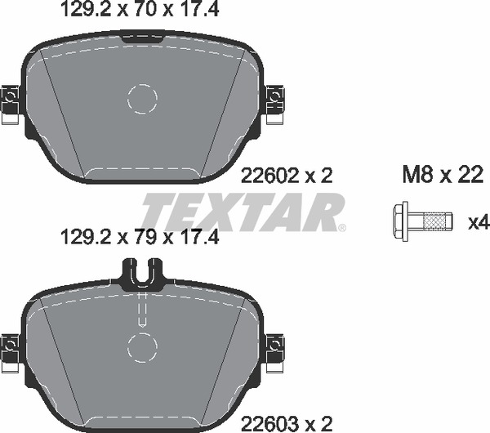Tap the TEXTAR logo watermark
(x=243, y=212)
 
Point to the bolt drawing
(x=421, y=221)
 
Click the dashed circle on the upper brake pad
(x=142, y=100)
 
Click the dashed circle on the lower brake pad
(x=142, y=347)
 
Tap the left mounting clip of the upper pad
(x=11, y=103)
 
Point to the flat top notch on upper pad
(x=142, y=35)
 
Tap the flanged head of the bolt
(x=401, y=221)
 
